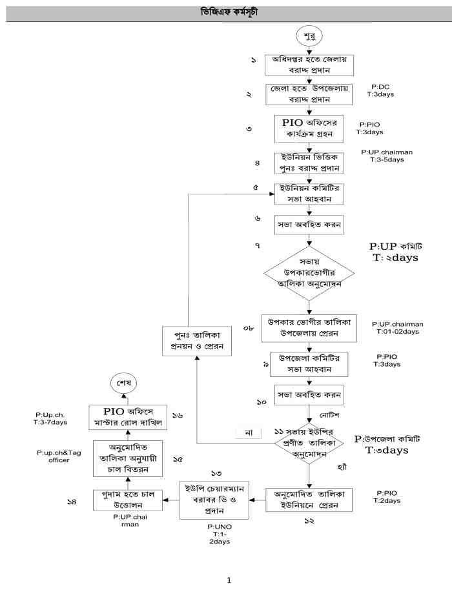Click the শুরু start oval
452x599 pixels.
pos(310,34)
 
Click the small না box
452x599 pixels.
pos(249,432)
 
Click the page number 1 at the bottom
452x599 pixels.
pos(229,580)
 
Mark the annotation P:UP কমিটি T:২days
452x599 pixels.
pos(394,252)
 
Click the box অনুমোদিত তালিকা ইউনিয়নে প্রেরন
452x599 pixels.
pos(309,499)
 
